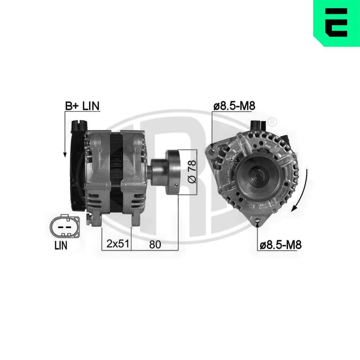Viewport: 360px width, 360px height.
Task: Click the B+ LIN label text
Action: pos(82,106)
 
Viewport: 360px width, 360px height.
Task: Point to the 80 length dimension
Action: pos(155,244)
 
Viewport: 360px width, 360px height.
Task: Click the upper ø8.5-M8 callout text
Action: pos(234,106)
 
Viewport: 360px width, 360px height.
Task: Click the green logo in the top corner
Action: pos(336,23)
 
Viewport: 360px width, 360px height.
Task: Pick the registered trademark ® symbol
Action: pos(273,121)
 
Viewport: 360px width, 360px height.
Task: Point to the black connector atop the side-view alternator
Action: pos(79,126)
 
